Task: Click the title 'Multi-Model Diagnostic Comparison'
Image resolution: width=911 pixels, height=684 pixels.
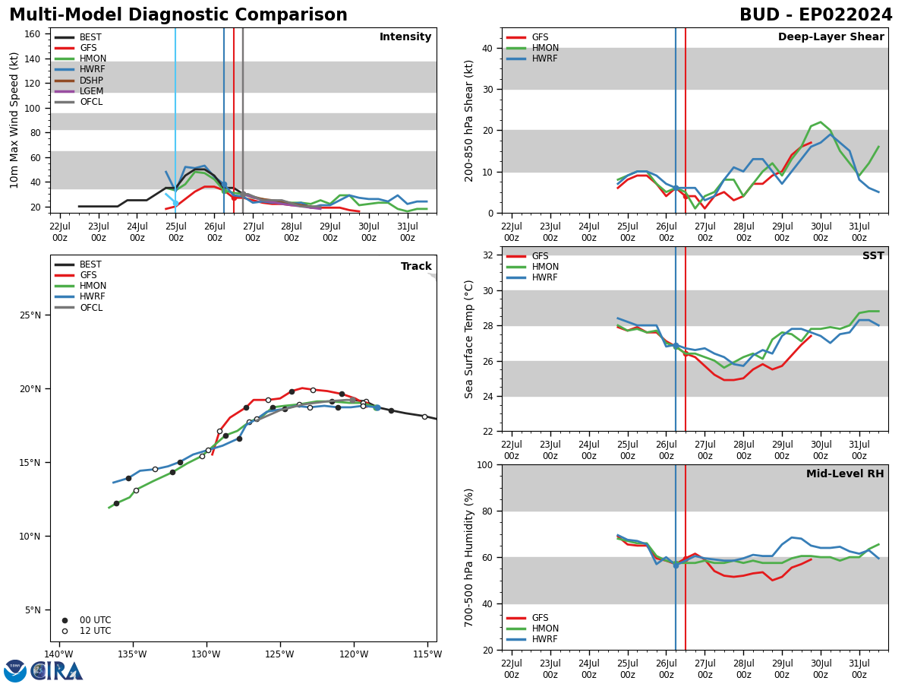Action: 178,15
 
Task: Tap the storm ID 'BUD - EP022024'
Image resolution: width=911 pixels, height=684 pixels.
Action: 815,15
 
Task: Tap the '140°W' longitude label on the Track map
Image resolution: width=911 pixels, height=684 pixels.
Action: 58,654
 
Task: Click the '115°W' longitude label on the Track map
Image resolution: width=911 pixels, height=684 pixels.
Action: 427,654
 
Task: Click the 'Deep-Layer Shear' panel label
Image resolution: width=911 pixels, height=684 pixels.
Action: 831,37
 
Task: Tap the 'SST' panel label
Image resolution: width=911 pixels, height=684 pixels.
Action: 873,256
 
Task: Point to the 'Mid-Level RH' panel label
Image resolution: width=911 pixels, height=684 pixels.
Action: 845,474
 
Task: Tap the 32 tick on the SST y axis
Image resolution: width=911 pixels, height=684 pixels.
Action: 490,255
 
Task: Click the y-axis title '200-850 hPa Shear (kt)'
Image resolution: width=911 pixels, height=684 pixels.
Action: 470,120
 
